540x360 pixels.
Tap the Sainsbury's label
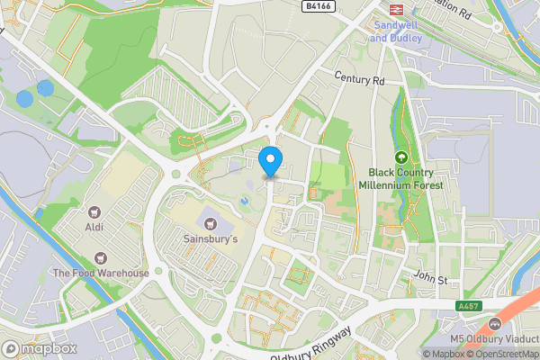[x=211, y=239]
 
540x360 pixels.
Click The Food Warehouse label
[x=100, y=273]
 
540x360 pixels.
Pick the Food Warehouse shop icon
[x=100, y=256]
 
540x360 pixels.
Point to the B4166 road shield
[x=317, y=6]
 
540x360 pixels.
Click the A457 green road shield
[x=468, y=307]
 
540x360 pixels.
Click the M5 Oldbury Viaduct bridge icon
[x=493, y=324]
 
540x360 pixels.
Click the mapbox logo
[x=39, y=348]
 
